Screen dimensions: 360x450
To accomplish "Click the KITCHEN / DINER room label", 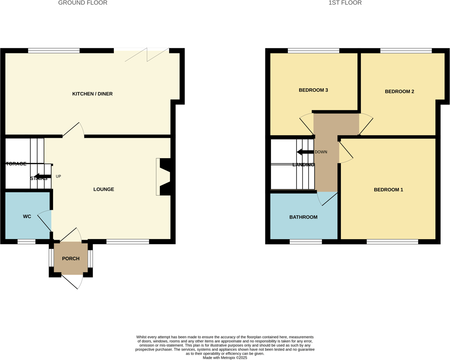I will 92,94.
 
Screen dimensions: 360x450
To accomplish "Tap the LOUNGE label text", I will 104,189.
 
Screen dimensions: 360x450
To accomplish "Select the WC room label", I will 27,216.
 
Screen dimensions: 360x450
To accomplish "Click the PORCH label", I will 71,258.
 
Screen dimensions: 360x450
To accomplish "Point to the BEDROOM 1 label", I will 388,190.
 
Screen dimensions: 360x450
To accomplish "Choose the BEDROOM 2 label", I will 399,91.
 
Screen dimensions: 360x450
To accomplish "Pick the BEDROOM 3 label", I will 313,90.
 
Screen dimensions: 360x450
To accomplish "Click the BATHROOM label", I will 303,217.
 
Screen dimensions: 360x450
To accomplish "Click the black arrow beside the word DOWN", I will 305,152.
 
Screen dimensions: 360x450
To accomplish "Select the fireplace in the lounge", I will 164,177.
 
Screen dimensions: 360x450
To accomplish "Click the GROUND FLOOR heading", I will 82,3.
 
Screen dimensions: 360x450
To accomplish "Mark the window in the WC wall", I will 26,241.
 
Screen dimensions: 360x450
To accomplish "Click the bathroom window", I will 305,242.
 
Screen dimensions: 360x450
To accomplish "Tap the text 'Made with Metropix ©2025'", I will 225,357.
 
